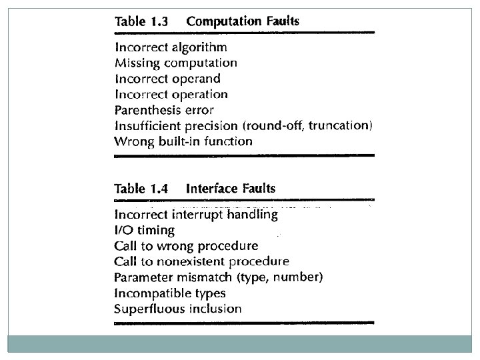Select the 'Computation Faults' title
pyautogui.click(x=243, y=21)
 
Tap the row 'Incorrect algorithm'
pyautogui.click(x=171, y=47)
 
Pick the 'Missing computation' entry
pyautogui.click(x=176, y=63)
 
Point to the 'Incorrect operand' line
pyautogui.click(x=167, y=79)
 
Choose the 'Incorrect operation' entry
pyautogui.click(x=171, y=95)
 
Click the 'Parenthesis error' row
pyautogui.click(x=164, y=110)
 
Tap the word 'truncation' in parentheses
pyautogui.click(x=339, y=125)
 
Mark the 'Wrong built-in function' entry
pyautogui.click(x=183, y=141)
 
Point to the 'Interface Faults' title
pyautogui.click(x=231, y=189)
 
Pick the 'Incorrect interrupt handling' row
pyautogui.click(x=196, y=215)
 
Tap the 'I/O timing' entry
pyautogui.click(x=145, y=231)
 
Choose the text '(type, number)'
pyautogui.click(x=285, y=277)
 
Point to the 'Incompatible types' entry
pyautogui.click(x=170, y=293)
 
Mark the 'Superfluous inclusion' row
pyautogui.click(x=178, y=309)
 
